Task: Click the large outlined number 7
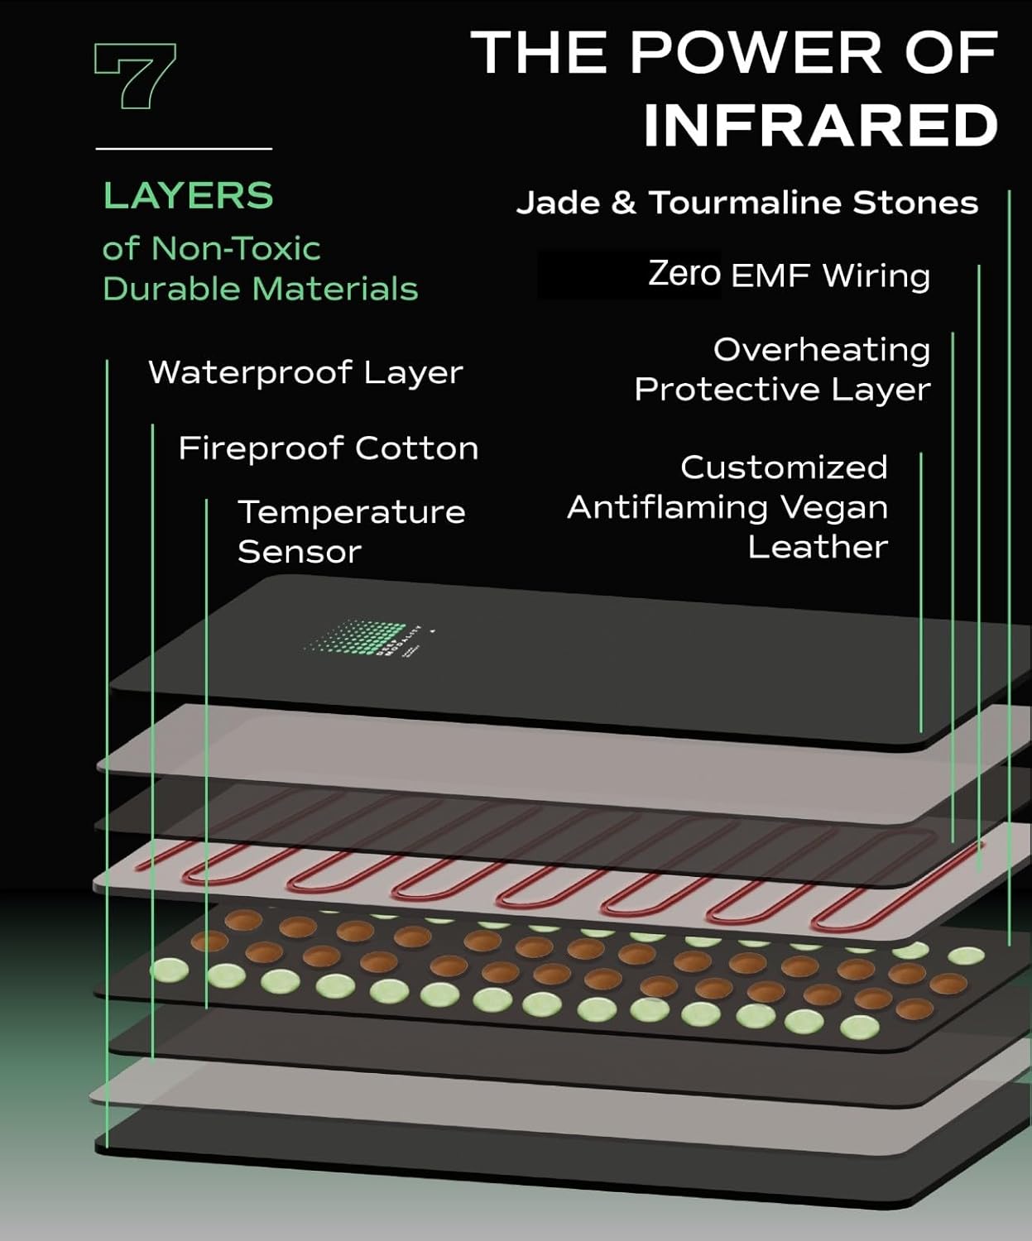(x=135, y=77)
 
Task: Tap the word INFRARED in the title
(x=820, y=126)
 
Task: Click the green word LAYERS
(x=188, y=196)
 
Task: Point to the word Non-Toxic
(x=236, y=248)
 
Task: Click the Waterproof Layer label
(x=305, y=372)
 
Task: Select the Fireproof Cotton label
(x=329, y=448)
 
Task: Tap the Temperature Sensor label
(x=351, y=531)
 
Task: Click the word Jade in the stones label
(x=558, y=203)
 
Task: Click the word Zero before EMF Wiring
(x=684, y=274)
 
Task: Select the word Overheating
(x=821, y=350)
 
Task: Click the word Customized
(x=784, y=467)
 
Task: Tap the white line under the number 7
(x=184, y=149)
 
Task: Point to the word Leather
(x=817, y=547)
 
